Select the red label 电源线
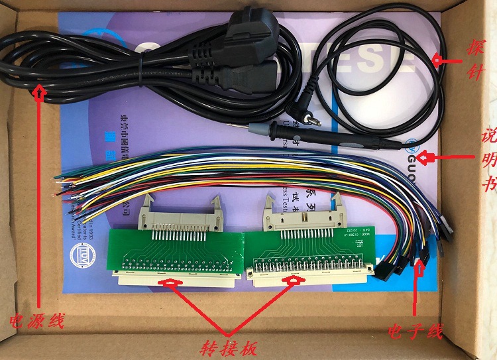[37, 322]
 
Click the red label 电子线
[415, 331]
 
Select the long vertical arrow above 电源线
[40, 199]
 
